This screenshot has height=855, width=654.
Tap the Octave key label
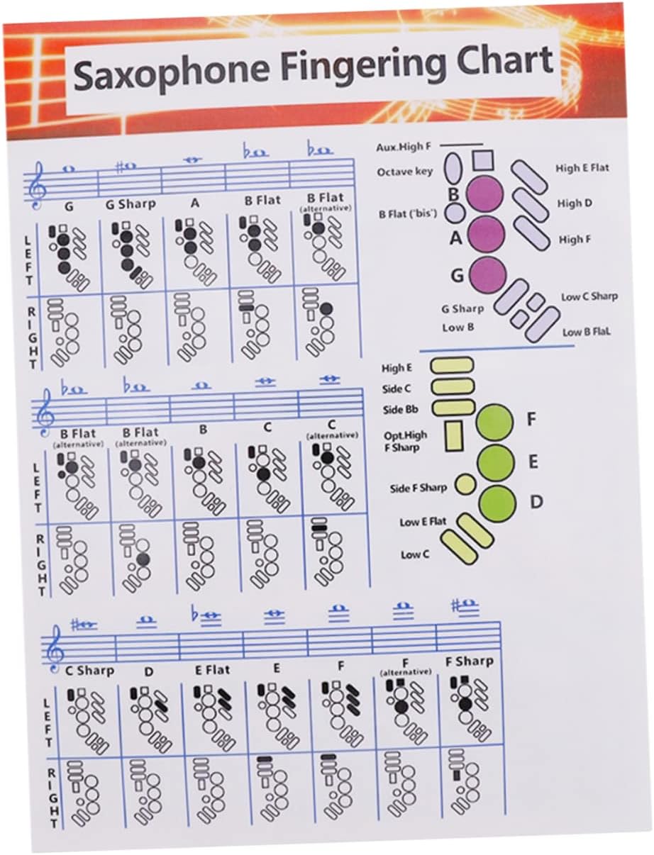(x=405, y=172)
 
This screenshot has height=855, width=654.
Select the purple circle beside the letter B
(x=486, y=194)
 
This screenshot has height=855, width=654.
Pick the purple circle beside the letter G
(x=487, y=274)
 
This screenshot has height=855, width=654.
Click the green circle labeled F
(x=494, y=422)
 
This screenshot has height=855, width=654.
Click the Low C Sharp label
(x=589, y=296)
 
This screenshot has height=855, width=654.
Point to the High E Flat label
(x=582, y=168)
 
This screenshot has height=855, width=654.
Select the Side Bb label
(x=401, y=410)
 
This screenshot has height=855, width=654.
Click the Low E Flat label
(x=423, y=522)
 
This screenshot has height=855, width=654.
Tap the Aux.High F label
(x=404, y=147)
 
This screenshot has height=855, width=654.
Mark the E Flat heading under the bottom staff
(x=213, y=669)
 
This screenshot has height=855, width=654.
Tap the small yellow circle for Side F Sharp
(x=465, y=484)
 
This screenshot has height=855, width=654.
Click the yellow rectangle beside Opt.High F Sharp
(x=453, y=436)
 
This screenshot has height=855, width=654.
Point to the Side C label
(x=397, y=389)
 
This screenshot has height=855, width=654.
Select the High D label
(x=575, y=203)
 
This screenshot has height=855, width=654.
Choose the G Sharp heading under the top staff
(x=130, y=204)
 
